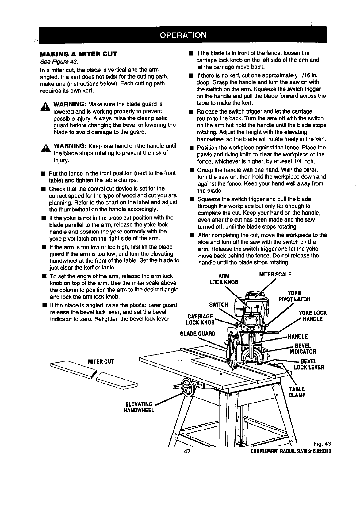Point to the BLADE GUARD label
[x=197, y=334]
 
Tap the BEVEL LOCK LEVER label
[x=308, y=364]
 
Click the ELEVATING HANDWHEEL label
[x=140, y=407]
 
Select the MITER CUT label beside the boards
[x=101, y=361]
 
